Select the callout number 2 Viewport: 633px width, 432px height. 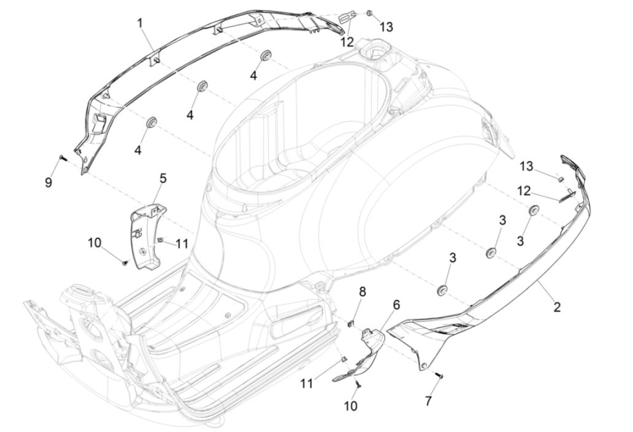pos(557,306)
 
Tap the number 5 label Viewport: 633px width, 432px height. pos(163,179)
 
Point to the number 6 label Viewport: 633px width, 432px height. pos(396,305)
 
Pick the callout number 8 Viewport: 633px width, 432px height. pos(363,291)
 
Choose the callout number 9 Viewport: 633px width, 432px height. pos(48,182)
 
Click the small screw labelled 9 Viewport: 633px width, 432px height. pos(63,158)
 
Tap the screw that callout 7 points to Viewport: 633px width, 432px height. pos(439,374)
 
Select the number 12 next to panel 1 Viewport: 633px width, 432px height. pos(348,42)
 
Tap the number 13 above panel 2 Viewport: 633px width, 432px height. pos(526,166)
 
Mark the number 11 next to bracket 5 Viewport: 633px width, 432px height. pos(181,243)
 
